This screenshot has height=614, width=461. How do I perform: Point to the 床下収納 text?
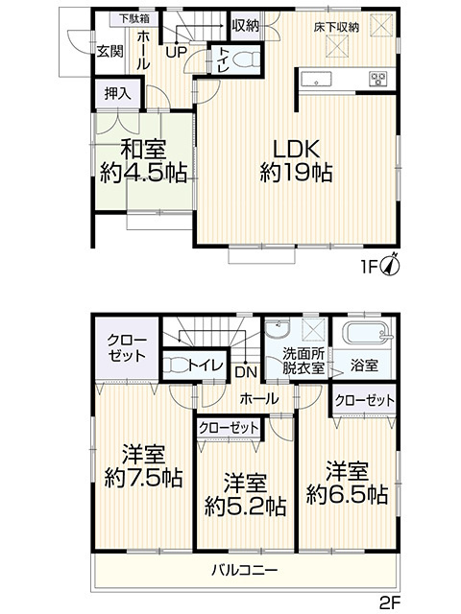336,27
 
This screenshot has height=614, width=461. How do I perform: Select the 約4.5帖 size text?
143,174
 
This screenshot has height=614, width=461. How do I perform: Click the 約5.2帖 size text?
244,505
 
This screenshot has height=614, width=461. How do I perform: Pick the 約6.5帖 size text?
347,495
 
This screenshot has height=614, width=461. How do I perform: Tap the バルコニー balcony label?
246,571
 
